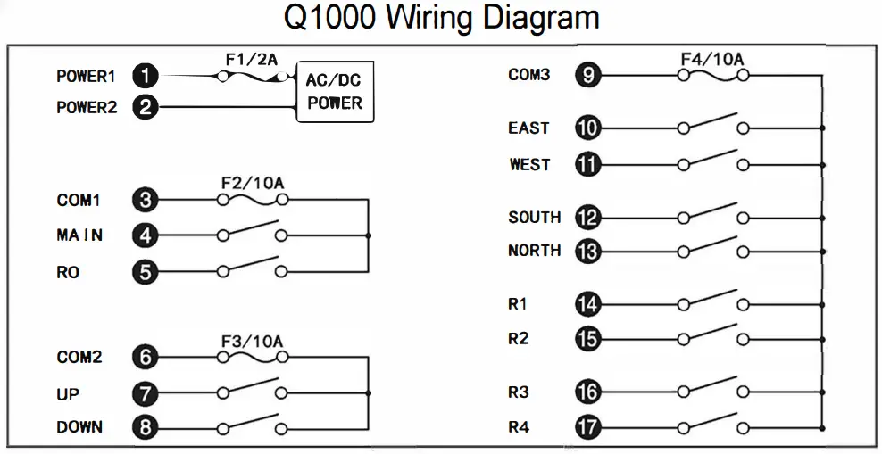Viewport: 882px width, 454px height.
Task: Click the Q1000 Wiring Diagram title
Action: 441,18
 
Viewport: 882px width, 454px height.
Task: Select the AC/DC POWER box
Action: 335,92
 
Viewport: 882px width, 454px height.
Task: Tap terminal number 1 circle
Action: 145,77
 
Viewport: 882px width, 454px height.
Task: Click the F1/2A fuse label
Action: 251,61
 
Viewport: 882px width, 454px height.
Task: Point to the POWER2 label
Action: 87,108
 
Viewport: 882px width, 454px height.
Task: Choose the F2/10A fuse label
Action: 252,184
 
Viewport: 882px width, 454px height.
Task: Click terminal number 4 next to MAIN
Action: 145,235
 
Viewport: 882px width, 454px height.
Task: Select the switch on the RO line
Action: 251,267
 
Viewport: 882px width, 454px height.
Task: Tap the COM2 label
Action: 79,358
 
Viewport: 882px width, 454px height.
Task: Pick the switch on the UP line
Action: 251,389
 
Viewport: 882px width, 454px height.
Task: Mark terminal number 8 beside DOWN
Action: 145,427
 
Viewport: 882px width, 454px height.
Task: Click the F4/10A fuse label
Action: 711,60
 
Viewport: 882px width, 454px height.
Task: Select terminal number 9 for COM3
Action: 587,76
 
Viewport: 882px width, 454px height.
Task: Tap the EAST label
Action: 528,128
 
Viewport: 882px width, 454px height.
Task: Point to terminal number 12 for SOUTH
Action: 587,218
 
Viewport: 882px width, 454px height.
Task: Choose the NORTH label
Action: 534,251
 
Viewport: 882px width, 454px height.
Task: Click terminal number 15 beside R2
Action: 587,339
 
